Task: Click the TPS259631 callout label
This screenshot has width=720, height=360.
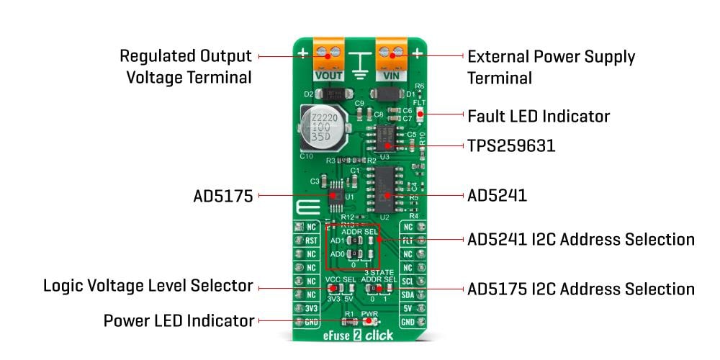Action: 511,145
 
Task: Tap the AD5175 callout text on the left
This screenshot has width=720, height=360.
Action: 222,195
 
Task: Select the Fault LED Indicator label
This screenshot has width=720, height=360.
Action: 538,116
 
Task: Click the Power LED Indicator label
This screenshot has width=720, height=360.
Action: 179,320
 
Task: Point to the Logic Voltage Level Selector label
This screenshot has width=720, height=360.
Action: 148,286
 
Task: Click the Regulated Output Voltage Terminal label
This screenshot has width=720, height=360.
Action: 186,66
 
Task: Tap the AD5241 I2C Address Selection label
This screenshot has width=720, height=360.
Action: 580,239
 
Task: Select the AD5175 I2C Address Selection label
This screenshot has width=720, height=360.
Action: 580,289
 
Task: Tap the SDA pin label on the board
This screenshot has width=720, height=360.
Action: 408,294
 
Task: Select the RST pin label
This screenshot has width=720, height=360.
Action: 311,241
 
